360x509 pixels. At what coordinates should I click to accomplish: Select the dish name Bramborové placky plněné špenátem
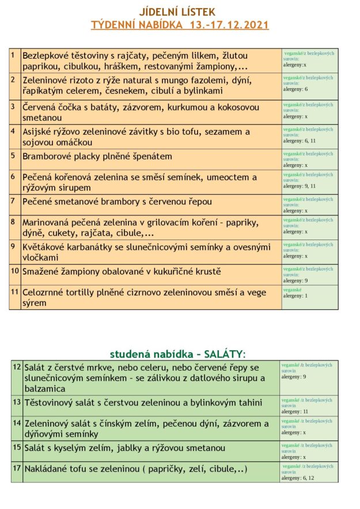pos(97,156)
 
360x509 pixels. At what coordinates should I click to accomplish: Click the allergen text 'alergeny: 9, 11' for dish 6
pos(300,187)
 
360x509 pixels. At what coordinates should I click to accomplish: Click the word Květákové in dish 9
pos(44,247)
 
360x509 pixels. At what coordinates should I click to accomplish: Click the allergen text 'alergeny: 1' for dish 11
pos(295,296)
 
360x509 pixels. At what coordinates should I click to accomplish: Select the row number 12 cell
pos(16,377)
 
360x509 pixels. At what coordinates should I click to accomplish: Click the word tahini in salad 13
pos(247,402)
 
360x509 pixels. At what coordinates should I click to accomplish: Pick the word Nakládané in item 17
pos(48,469)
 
